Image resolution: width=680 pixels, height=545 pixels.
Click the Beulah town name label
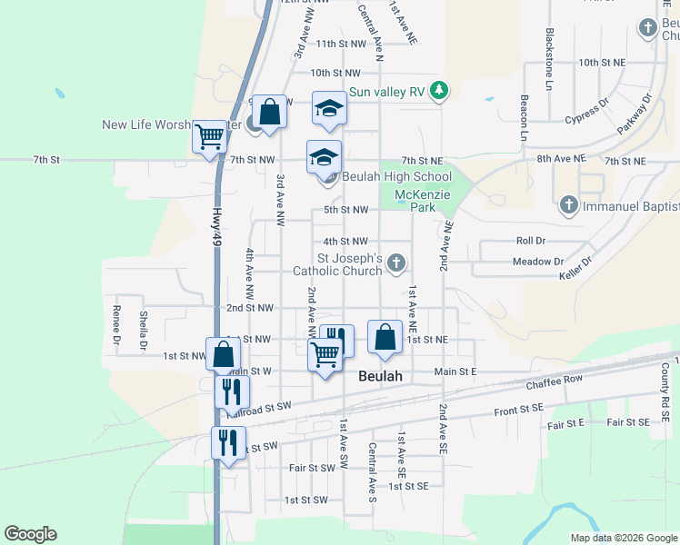(380, 375)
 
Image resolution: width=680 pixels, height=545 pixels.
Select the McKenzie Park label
(416, 201)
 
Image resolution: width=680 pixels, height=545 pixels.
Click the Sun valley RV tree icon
(440, 90)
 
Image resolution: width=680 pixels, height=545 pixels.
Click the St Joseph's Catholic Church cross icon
(395, 263)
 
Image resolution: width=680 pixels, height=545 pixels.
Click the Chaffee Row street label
(554, 382)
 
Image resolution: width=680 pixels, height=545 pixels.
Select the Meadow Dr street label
(538, 262)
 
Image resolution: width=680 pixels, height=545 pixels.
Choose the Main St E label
(455, 371)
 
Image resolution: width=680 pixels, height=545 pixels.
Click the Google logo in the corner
(30, 534)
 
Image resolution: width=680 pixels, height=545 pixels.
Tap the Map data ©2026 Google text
(624, 538)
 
